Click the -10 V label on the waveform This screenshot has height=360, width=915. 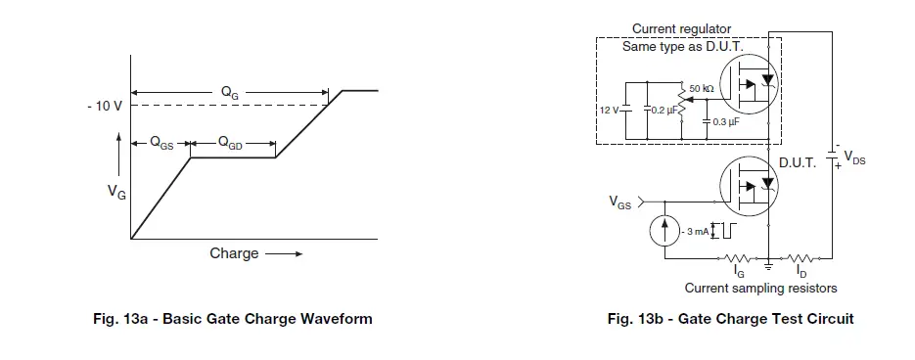click(x=102, y=106)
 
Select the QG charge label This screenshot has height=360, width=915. click(x=229, y=93)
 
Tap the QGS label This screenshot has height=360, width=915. click(x=161, y=143)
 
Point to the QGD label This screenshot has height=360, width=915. click(x=231, y=143)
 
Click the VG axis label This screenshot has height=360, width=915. click(x=116, y=192)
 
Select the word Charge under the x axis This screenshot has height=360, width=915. click(x=234, y=253)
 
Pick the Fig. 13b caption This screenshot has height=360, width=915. click(x=730, y=319)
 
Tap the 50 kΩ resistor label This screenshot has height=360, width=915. click(x=701, y=88)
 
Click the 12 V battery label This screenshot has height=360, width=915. click(x=609, y=110)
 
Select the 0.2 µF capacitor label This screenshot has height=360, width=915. click(x=663, y=111)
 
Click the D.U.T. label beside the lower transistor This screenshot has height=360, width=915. click(x=797, y=163)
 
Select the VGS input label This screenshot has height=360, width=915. click(x=620, y=203)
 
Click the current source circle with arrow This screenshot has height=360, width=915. click(x=665, y=230)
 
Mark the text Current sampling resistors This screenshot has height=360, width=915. click(x=760, y=289)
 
